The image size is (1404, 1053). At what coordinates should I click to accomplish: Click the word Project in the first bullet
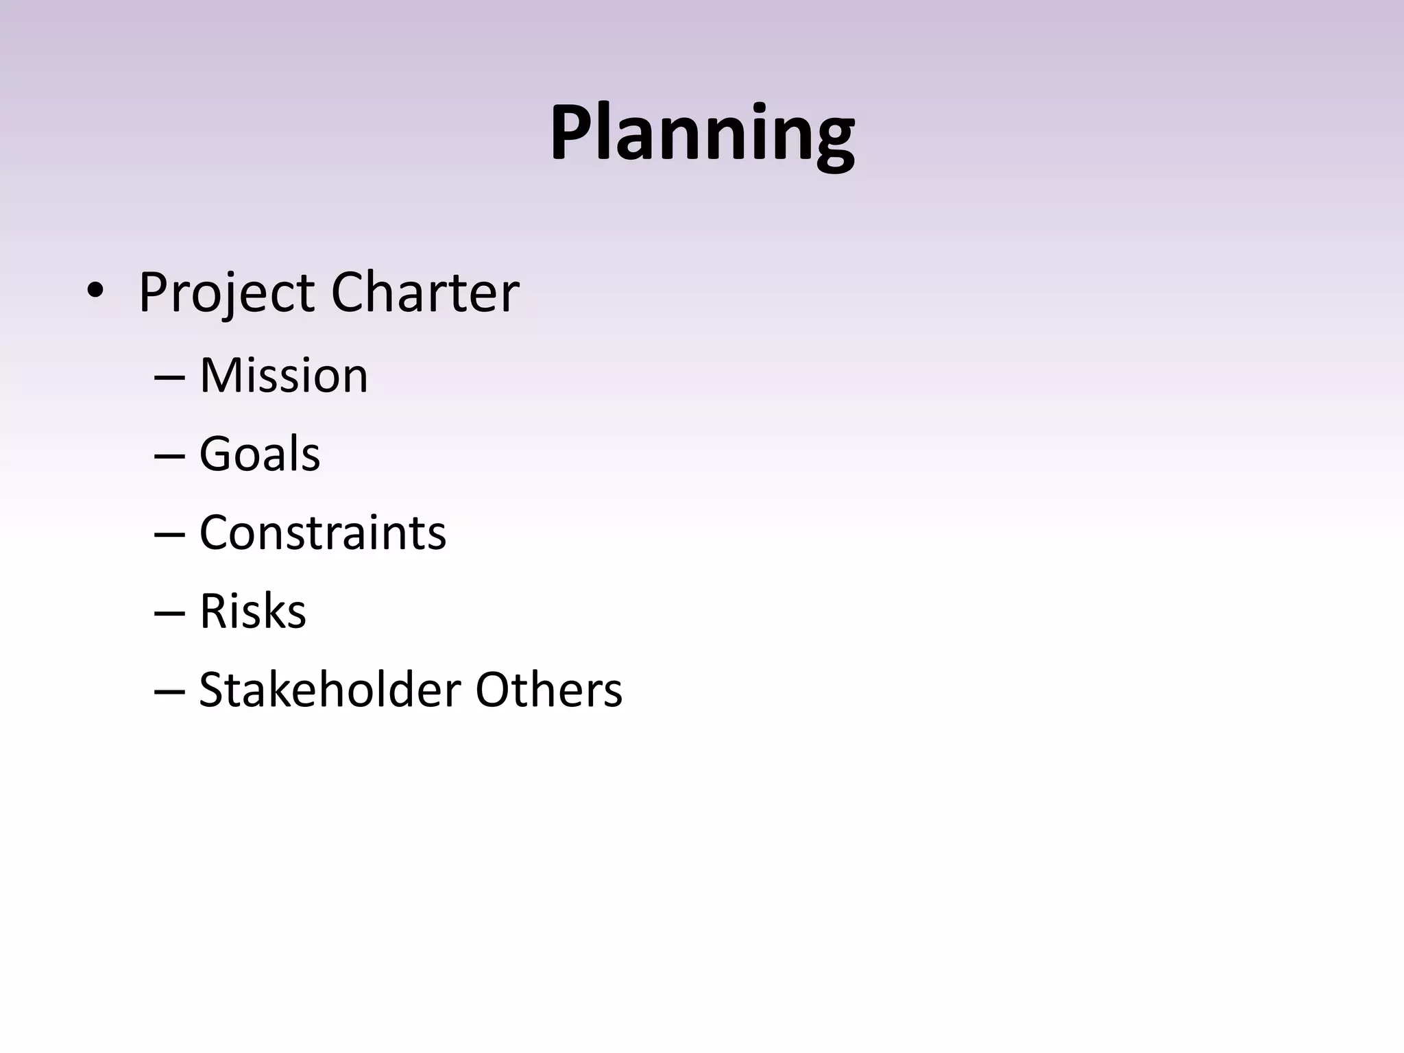(x=226, y=293)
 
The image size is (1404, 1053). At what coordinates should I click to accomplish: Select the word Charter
(x=425, y=292)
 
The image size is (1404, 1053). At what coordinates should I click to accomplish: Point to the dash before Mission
(x=169, y=378)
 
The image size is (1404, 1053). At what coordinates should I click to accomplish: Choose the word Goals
(x=259, y=454)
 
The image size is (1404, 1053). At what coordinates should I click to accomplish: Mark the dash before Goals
(x=169, y=457)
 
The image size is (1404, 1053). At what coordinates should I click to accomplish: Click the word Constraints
(x=322, y=533)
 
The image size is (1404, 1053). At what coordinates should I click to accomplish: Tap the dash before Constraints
(x=169, y=535)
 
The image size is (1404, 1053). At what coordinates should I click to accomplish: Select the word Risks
(x=252, y=611)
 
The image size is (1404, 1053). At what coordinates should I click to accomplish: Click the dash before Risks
(x=169, y=614)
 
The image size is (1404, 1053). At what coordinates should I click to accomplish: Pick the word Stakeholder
(x=329, y=689)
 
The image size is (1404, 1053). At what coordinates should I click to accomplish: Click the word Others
(x=548, y=689)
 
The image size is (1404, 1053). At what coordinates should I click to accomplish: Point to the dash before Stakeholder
(x=169, y=692)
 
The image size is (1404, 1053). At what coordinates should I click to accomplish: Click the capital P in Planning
(x=572, y=132)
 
